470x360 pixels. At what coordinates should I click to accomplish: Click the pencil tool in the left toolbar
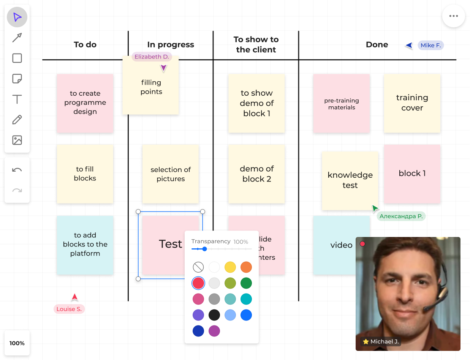17,120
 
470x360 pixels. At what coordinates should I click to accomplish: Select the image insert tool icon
17,141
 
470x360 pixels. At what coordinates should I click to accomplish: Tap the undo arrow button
17,170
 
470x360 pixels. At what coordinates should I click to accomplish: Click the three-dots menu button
453,16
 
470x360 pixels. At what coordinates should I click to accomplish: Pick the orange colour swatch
246,267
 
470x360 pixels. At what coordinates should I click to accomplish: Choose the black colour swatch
214,315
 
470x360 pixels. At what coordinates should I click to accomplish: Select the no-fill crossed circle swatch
198,267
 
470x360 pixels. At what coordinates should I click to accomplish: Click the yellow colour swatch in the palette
230,267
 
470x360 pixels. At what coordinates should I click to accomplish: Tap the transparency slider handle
204,249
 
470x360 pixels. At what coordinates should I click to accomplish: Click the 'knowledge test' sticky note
350,180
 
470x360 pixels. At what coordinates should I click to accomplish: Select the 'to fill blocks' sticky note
85,174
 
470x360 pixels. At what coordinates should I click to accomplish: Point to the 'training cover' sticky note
412,103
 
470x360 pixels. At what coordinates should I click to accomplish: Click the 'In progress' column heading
171,44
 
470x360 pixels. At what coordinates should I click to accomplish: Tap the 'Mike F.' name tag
430,45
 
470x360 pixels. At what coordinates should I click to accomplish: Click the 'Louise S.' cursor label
69,309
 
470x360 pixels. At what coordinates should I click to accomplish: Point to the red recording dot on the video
362,244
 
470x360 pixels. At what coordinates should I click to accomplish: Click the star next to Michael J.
366,341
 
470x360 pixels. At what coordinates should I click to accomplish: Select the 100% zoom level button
17,343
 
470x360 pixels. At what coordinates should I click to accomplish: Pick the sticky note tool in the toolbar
17,79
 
